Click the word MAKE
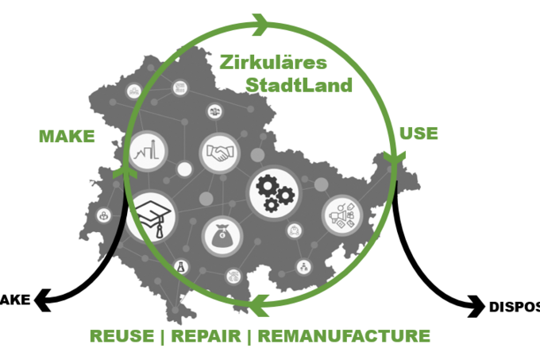tap(67, 137)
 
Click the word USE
tap(418, 133)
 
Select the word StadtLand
tap(298, 85)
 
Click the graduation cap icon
tap(150, 215)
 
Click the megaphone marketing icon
tap(343, 214)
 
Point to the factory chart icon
tap(147, 151)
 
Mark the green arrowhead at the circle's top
tap(260, 24)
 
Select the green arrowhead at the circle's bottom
tap(256, 303)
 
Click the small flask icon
tap(180, 269)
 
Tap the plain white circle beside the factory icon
tap(184, 168)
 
